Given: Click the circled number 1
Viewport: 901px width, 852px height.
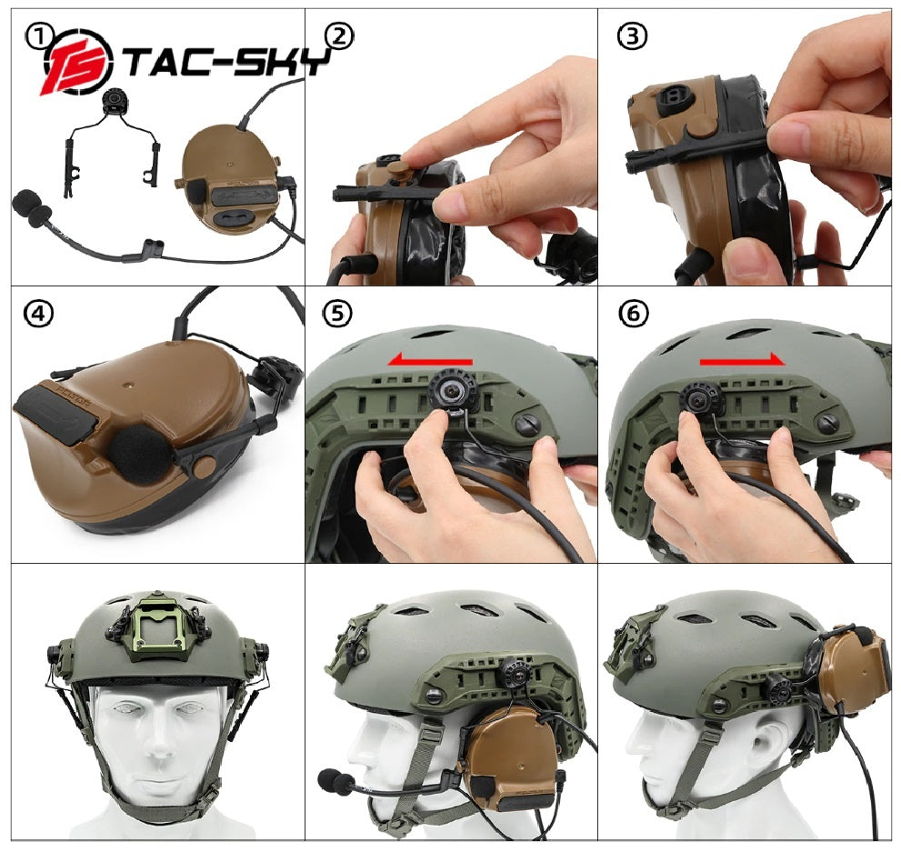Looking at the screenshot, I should pos(39,36).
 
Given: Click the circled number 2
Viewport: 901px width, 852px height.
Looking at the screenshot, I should pos(338,36).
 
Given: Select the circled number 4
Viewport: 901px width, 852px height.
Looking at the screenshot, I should pos(39,314).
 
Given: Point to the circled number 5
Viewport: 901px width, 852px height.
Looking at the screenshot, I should pos(336,314).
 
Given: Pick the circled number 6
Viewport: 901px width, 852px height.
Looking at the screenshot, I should pos(634,314).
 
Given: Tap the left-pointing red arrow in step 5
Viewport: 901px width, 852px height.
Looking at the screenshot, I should pos(430,361).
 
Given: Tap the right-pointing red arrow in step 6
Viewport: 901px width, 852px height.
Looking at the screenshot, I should pos(741,361).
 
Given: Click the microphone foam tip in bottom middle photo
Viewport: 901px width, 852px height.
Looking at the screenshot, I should pos(333,781).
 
